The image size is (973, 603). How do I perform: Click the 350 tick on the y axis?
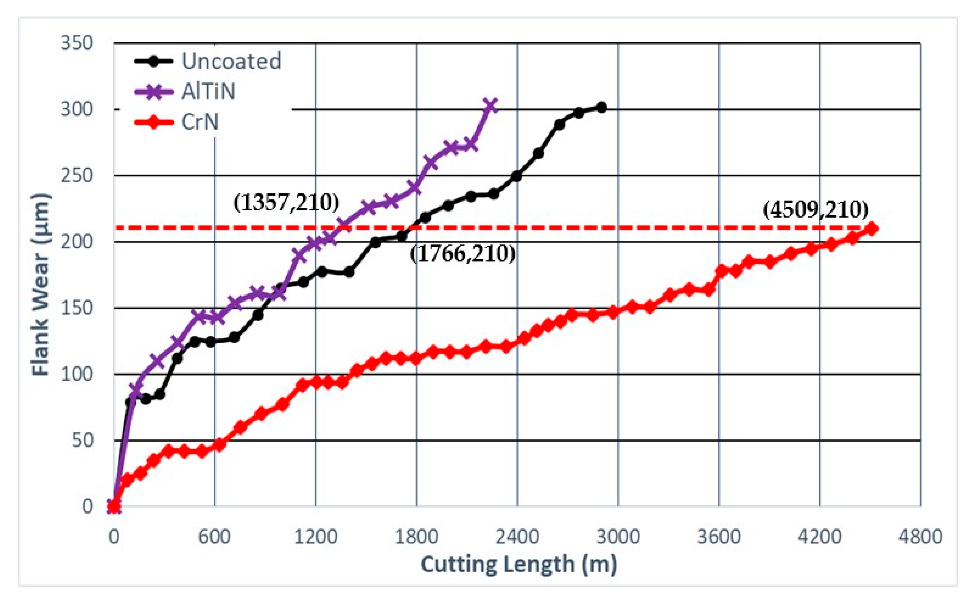pos(77,43)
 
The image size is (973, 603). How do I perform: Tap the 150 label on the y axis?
pos(77,308)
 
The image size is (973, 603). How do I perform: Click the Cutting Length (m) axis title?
pos(519,565)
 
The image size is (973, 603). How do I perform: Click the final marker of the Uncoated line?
pos(602,107)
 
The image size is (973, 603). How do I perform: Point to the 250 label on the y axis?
pos(77,175)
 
